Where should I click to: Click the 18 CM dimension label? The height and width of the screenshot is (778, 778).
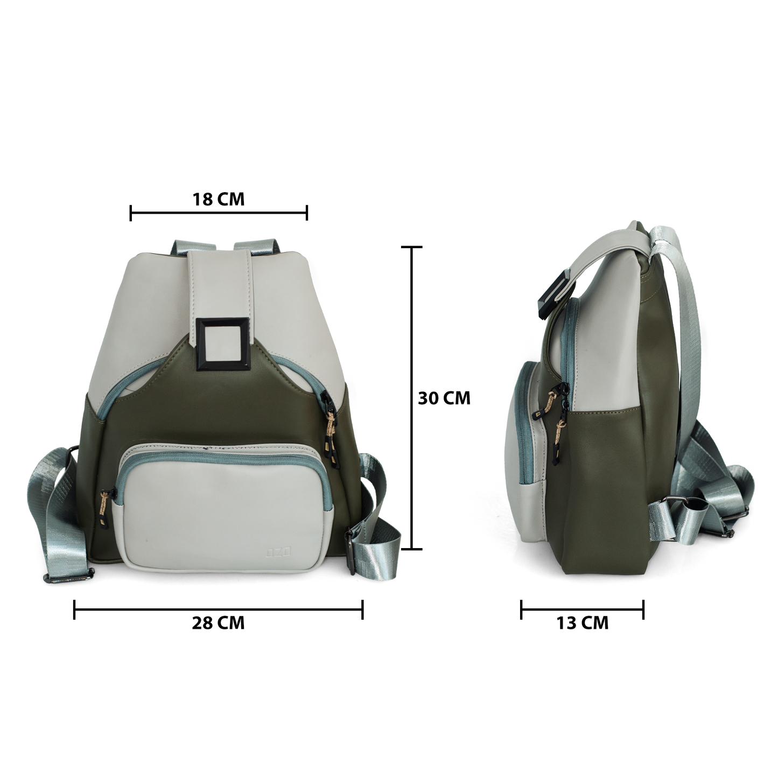218,199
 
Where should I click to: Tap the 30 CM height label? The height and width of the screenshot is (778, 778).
444,398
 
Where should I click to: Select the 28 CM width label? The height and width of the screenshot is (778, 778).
218,623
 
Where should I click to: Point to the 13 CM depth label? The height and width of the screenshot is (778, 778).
582,623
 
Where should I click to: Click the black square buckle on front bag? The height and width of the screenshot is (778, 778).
223,344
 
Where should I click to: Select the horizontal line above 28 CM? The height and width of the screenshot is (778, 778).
218,609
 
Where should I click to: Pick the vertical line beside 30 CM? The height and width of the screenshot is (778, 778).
412,398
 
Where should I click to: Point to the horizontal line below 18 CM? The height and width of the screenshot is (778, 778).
218,213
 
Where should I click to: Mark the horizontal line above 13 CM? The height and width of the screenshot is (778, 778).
582,609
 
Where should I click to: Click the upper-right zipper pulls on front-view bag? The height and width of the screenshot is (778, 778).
330,425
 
